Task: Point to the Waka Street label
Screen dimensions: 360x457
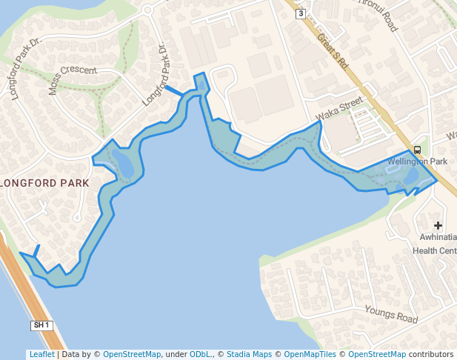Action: (339, 108)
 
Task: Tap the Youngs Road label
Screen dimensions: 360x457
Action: (391, 317)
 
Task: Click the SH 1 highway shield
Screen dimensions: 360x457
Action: (41, 325)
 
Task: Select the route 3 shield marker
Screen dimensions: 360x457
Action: (300, 13)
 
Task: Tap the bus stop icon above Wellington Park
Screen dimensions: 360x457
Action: (417, 150)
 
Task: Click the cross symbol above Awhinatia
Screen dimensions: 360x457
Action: (438, 225)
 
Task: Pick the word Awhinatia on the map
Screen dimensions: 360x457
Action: (436, 238)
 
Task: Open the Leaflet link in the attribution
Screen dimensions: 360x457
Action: (41, 354)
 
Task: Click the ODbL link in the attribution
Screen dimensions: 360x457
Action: (201, 354)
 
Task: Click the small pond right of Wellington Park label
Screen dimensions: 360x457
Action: (410, 176)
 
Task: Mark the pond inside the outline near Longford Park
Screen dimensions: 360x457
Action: (124, 164)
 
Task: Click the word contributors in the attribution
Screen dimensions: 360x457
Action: (430, 354)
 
